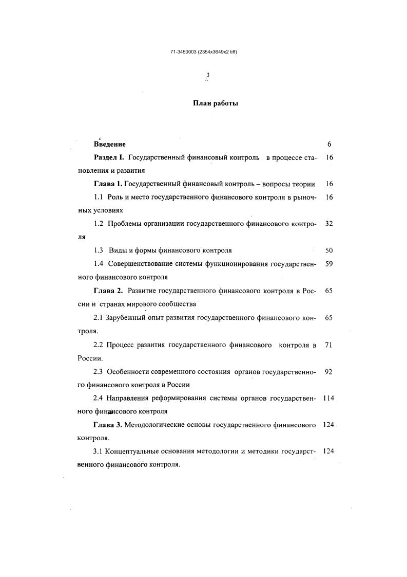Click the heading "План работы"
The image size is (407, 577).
(215, 103)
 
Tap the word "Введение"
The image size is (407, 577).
(110, 145)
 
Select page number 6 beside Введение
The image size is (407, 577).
(329, 145)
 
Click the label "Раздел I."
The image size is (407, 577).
(109, 157)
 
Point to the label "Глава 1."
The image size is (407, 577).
(108, 184)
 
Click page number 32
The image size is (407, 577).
(329, 224)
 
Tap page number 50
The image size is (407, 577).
(329, 250)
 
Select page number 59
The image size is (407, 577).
(329, 264)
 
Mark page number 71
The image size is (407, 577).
(329, 345)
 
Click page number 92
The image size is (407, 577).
(329, 371)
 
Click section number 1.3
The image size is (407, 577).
(99, 250)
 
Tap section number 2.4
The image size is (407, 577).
(99, 398)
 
